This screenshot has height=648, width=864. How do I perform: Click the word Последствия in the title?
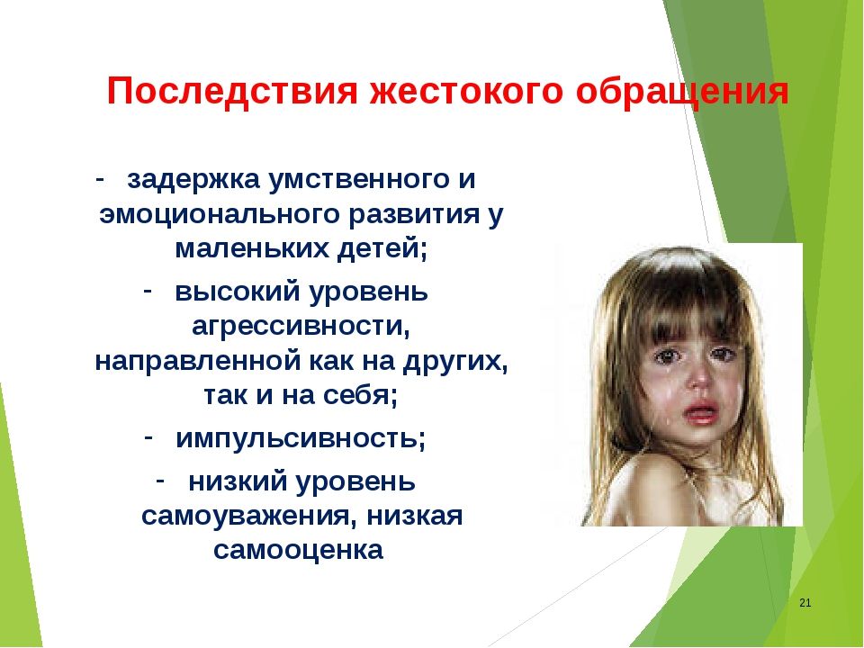point(232,91)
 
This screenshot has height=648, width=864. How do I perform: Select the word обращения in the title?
point(682,93)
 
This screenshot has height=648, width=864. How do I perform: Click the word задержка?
point(193,181)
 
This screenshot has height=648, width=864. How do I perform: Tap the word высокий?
point(239,292)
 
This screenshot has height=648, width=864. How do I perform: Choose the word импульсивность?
point(301,439)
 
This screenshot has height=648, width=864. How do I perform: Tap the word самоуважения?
point(247,517)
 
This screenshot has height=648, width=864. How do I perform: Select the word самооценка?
point(298,550)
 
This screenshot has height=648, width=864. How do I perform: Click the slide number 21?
point(805,603)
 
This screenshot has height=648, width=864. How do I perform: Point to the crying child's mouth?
point(698,411)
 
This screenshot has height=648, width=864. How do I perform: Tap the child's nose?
point(700,377)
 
